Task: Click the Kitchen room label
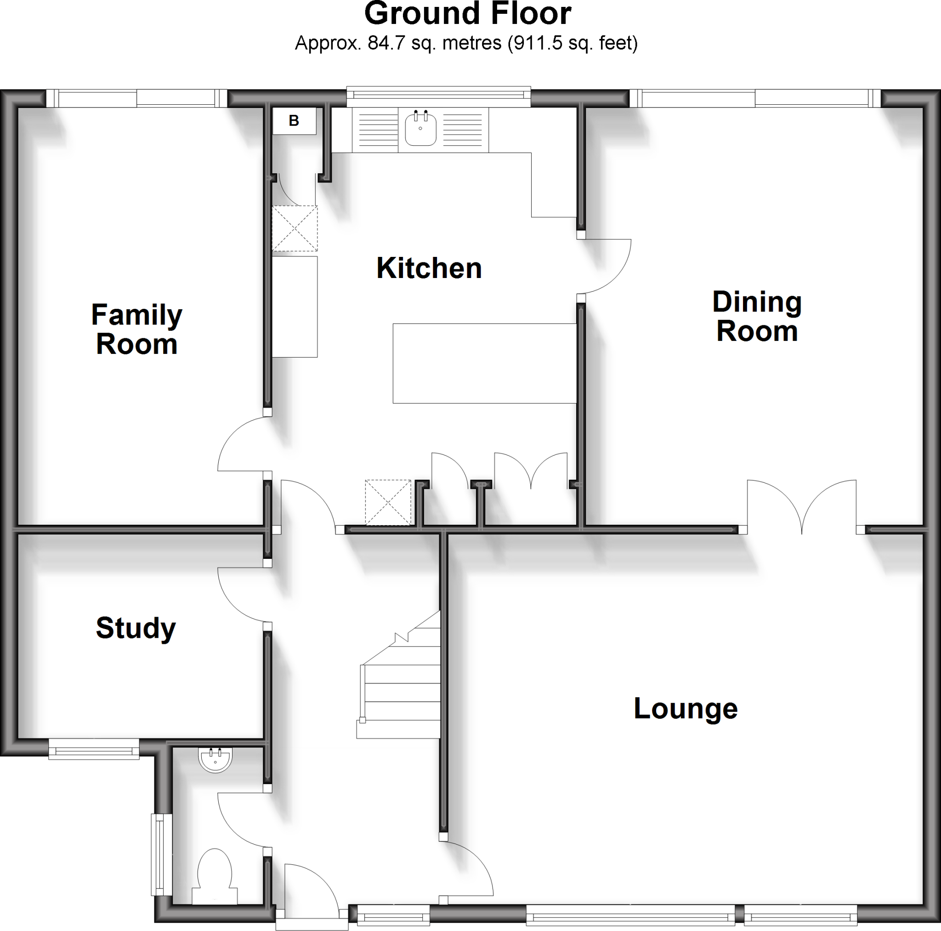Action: pos(429,268)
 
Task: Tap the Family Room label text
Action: pos(136,329)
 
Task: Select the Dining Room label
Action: pos(757,316)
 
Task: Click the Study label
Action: pos(136,628)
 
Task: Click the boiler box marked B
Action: pos(294,120)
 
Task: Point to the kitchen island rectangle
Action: pos(484,363)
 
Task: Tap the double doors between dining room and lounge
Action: pos(802,507)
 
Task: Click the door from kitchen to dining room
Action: pos(607,266)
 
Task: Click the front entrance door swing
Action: pos(309,889)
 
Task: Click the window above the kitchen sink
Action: pos(438,97)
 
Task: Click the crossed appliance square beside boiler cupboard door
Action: pos(295,228)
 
